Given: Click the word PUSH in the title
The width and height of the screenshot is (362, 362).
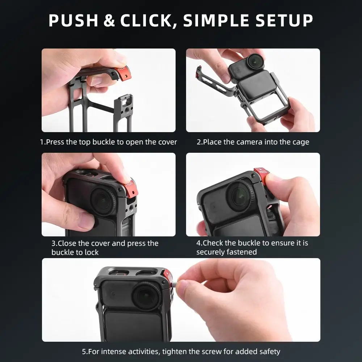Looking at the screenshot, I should pyautogui.click(x=73, y=21).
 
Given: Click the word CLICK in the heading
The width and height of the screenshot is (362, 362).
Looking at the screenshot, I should pyautogui.click(x=148, y=21).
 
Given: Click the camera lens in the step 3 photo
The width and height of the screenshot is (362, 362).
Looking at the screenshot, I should pyautogui.click(x=102, y=201).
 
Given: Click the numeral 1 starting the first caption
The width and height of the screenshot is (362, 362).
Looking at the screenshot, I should pyautogui.click(x=42, y=142).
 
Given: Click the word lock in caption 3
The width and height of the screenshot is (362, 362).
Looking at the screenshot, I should pyautogui.click(x=91, y=252).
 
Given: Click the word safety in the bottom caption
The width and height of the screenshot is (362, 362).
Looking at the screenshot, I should pyautogui.click(x=269, y=352).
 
